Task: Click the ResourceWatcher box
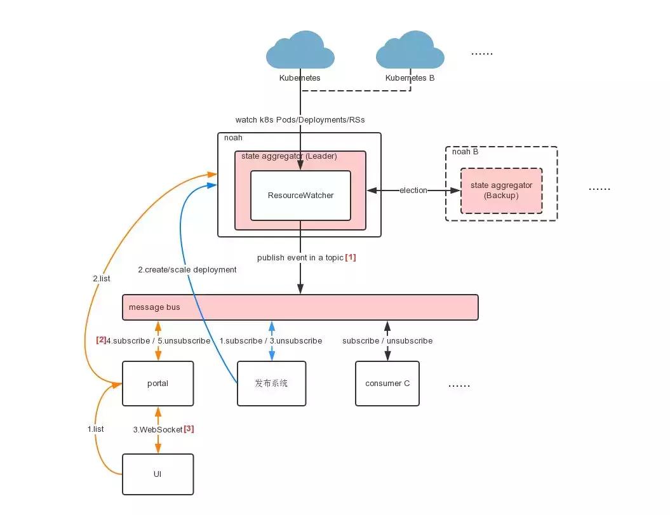pos(300,196)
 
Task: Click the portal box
pos(157,384)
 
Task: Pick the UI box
pos(157,474)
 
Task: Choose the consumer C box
pos(387,384)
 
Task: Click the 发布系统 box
pos(271,384)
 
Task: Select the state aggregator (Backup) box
pos(501,191)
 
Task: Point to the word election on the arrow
pos(413,191)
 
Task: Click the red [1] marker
pos(351,258)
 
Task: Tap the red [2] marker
pos(101,340)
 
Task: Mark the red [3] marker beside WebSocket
pos(189,429)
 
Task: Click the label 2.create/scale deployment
pos(187,270)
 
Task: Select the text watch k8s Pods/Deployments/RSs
pos(300,119)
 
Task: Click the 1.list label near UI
pos(95,429)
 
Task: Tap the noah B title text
pos(465,152)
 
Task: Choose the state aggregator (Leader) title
pos(289,156)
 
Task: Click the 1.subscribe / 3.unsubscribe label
pos(271,341)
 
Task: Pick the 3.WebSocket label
pos(157,430)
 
